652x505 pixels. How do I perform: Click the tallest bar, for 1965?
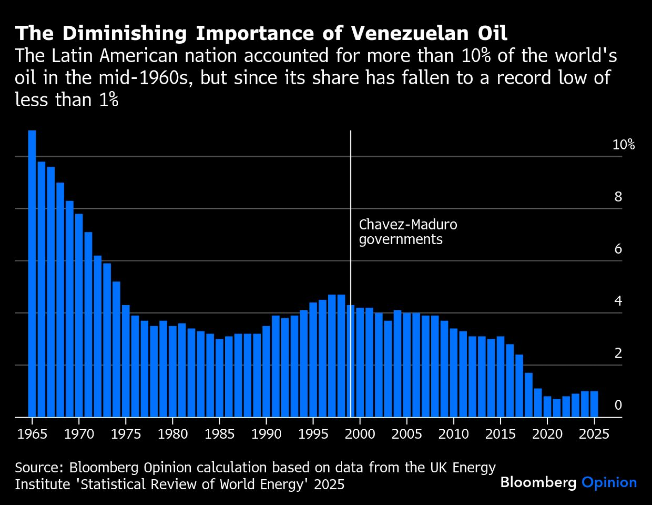[x=32, y=274]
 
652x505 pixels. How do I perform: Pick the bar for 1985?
[x=219, y=378]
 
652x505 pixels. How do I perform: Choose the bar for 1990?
[x=266, y=372]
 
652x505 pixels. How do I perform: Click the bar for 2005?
[x=407, y=365]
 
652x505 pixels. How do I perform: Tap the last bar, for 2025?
[x=594, y=404]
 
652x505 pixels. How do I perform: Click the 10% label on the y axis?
[x=623, y=144]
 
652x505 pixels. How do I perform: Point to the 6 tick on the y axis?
[x=618, y=249]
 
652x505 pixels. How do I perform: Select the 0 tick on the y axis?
[x=618, y=405]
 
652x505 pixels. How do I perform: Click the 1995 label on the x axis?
[x=313, y=434]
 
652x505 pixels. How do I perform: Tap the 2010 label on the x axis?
[x=453, y=434]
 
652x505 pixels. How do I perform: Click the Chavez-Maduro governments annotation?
[x=407, y=232]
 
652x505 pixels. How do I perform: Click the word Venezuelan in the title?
[x=410, y=33]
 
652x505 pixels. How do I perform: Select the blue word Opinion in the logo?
[x=609, y=483]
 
